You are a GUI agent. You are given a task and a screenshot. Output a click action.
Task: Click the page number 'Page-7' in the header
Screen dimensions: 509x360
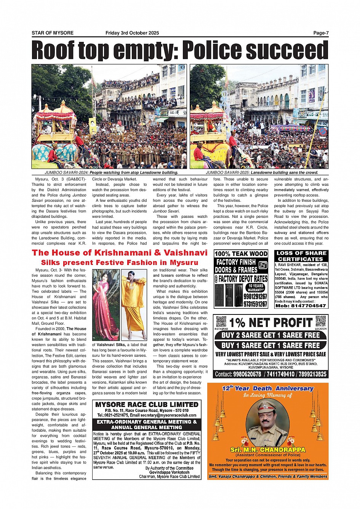320,33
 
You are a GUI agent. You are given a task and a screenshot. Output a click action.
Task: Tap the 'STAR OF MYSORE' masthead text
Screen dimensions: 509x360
53,33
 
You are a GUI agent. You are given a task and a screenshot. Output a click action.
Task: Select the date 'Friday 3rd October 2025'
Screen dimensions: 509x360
132,33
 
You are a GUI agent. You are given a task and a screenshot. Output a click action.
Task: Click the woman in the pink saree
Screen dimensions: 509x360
106,305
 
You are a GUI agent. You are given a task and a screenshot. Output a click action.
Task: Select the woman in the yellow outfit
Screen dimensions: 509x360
134,305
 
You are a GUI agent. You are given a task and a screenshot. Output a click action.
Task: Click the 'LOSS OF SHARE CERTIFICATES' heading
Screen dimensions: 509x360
301,256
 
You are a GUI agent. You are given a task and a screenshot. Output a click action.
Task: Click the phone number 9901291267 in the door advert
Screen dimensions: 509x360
255,297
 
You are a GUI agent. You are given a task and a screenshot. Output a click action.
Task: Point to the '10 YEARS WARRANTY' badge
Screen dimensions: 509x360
255,288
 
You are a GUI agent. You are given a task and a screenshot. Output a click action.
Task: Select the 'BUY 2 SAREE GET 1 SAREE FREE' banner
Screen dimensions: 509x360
270,335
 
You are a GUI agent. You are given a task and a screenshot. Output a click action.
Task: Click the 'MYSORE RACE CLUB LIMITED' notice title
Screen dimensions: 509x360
147,404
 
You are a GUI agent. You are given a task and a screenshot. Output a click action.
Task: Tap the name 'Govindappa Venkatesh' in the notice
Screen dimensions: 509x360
169,472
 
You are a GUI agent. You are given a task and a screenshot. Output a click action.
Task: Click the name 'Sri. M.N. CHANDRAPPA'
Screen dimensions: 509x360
267,450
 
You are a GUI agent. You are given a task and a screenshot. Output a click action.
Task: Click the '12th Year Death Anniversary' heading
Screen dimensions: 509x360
267,389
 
